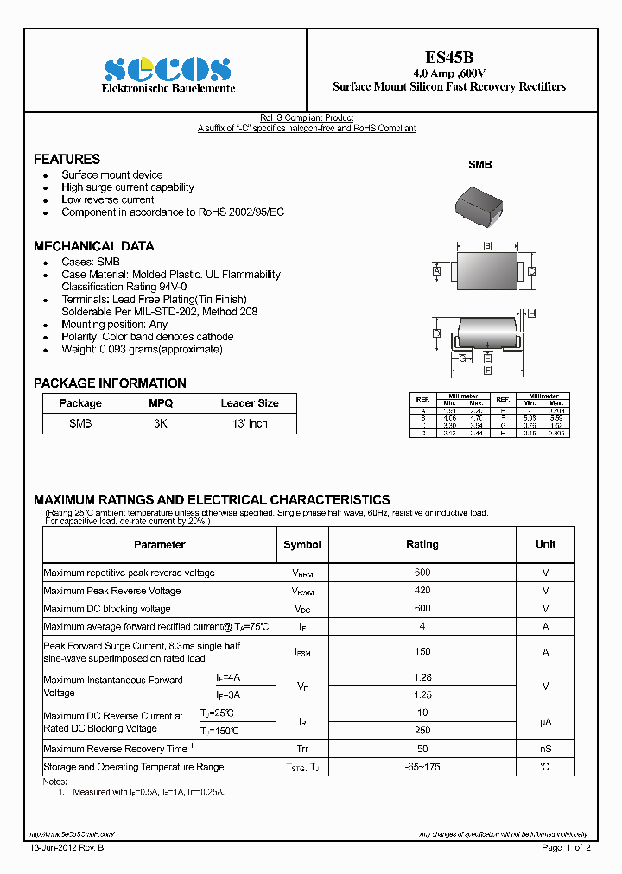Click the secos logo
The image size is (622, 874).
(168, 69)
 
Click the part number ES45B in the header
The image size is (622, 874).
(448, 56)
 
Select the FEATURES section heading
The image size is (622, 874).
(67, 159)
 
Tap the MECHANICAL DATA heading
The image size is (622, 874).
(93, 245)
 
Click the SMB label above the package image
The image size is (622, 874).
(479, 164)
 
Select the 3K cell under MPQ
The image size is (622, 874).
(161, 424)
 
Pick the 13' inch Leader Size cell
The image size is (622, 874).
(250, 424)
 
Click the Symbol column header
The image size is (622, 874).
(301, 544)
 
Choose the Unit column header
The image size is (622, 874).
(545, 544)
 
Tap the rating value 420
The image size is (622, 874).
(422, 591)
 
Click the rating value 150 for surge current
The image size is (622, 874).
(422, 652)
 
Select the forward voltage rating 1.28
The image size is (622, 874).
(422, 679)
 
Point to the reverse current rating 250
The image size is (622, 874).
(422, 730)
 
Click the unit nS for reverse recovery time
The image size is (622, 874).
(545, 749)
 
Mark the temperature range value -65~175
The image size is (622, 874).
(422, 767)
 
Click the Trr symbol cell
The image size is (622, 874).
(301, 749)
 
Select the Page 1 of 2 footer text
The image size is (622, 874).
(566, 848)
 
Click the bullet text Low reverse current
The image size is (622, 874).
(107, 199)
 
